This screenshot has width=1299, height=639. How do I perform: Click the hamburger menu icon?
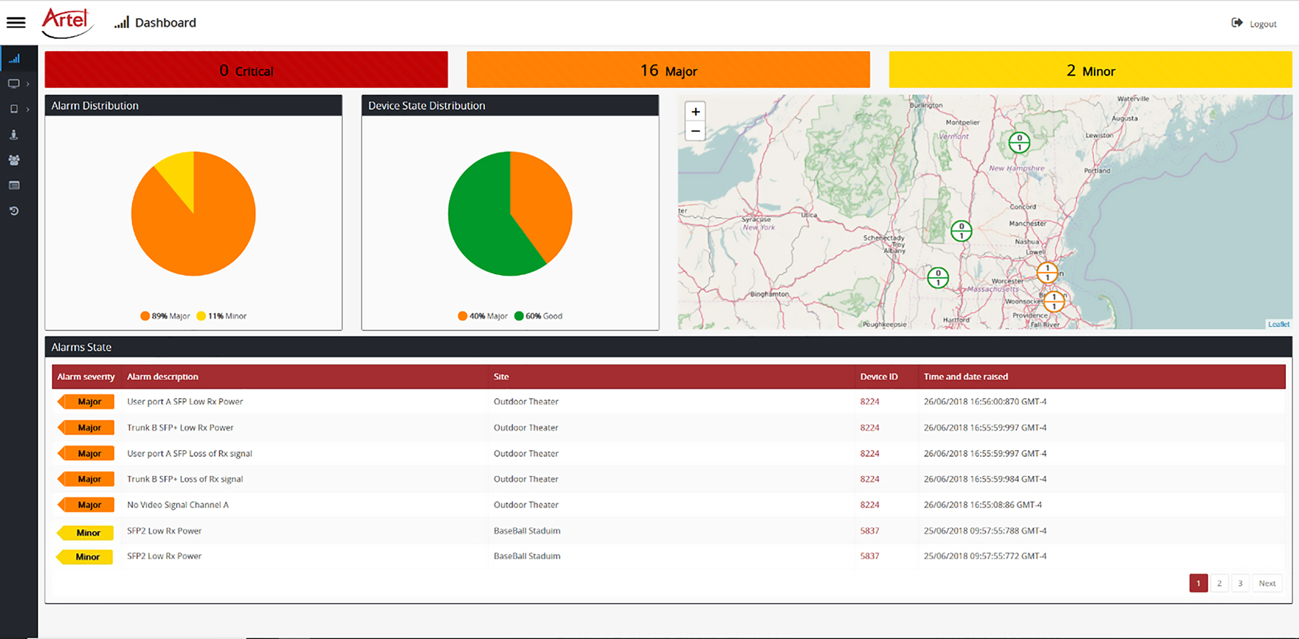[16, 22]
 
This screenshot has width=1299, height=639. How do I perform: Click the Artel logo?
[66, 22]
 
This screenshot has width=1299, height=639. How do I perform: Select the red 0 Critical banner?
[246, 70]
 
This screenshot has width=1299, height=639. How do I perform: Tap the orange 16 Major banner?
[668, 70]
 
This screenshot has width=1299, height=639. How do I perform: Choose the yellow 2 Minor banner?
[1090, 70]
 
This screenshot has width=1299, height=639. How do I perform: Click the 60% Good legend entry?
[538, 316]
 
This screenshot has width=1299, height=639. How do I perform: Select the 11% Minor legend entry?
[222, 316]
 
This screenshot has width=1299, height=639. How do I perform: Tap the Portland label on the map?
[1097, 171]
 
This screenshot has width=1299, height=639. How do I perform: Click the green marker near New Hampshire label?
[1019, 142]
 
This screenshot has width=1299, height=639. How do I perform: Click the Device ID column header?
[878, 376]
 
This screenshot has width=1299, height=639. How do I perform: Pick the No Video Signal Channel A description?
[178, 505]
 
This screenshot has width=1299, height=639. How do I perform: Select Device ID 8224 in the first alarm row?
[870, 402]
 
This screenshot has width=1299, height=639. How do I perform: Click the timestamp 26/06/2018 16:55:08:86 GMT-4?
[982, 505]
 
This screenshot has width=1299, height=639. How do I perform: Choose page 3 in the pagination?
[1240, 583]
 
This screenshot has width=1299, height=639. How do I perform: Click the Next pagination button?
[1267, 583]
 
